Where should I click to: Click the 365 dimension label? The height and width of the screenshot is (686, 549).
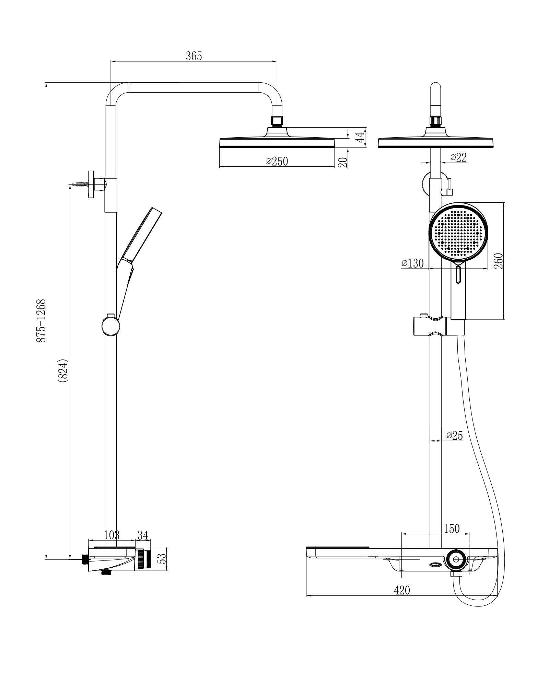click(x=194, y=56)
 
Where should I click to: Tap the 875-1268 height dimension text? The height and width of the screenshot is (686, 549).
click(x=41, y=320)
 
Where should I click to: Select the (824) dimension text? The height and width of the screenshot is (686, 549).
click(x=64, y=370)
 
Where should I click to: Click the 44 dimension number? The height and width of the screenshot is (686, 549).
click(x=359, y=138)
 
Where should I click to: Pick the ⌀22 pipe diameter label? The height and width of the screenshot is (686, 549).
click(x=458, y=157)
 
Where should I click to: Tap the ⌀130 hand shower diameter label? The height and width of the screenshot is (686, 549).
click(x=412, y=263)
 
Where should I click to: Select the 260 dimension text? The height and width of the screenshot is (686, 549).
click(x=498, y=261)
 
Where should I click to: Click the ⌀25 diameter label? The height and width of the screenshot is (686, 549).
click(x=455, y=436)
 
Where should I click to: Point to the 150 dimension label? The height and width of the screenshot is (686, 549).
click(x=452, y=529)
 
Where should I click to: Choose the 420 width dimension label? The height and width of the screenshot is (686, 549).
click(x=402, y=590)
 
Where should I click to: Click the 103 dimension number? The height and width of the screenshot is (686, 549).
click(x=112, y=535)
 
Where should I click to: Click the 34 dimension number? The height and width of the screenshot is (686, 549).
click(x=143, y=535)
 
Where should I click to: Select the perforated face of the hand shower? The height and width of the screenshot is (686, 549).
click(x=458, y=232)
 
